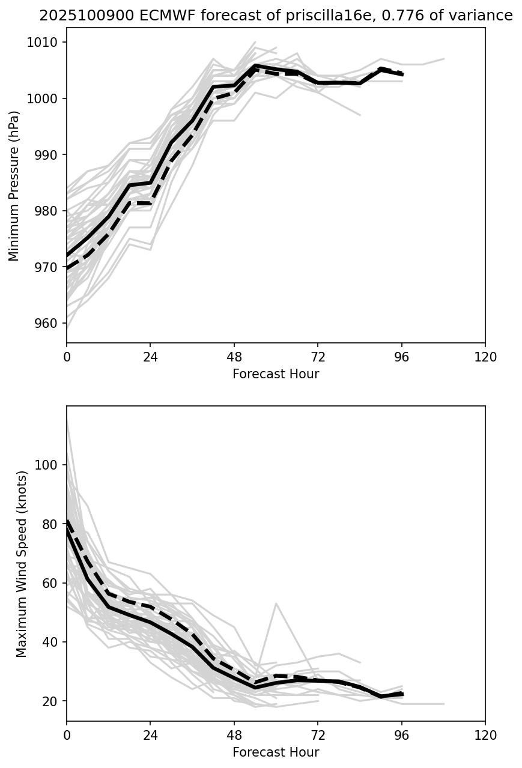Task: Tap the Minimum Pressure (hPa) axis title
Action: click(14, 186)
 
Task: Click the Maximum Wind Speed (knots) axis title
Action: click(22, 563)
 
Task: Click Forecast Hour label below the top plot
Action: click(276, 374)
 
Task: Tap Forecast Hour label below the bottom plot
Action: click(276, 752)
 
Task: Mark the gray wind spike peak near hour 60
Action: click(276, 603)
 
